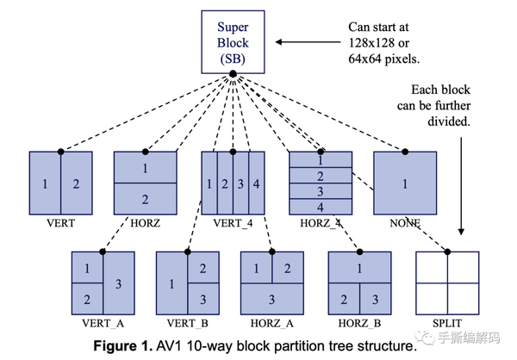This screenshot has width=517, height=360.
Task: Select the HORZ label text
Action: (145, 222)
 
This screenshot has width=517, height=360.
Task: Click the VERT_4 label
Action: (232, 222)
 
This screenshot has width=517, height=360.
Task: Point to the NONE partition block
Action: (404, 183)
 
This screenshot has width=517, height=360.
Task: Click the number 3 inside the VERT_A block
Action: (118, 283)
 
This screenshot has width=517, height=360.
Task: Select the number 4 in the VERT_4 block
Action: (255, 183)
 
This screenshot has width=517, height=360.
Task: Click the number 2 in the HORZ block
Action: (145, 199)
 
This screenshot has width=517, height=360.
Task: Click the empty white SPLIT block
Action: (445, 282)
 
